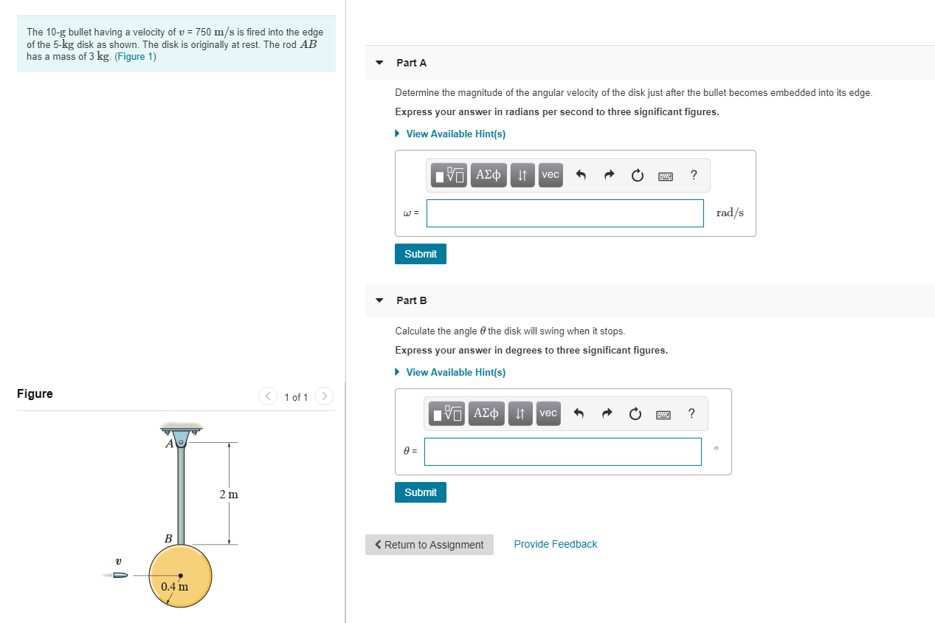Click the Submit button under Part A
(421, 254)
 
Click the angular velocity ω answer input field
(565, 213)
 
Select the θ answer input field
(562, 452)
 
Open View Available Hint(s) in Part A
(455, 134)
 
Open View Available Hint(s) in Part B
(455, 372)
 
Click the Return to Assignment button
(429, 545)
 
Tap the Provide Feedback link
(556, 544)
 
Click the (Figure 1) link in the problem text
(135, 57)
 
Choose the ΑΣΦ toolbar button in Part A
(489, 175)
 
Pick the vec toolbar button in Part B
(548, 413)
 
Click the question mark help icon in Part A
(693, 175)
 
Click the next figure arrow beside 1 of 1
(324, 396)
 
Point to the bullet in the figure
(120, 574)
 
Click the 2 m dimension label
(229, 494)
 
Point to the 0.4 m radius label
(174, 587)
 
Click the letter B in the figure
(168, 539)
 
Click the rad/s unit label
(730, 213)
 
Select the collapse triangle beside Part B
(379, 300)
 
